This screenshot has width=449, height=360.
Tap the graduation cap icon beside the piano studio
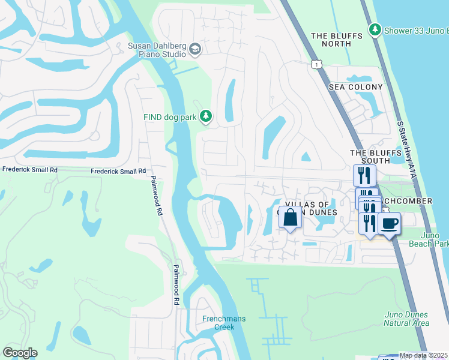click(194, 49)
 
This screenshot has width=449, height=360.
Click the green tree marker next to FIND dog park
click(206, 116)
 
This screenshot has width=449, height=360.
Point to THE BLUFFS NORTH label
click(337, 40)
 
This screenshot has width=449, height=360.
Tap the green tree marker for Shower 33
click(375, 29)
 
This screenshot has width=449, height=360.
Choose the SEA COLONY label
click(355, 87)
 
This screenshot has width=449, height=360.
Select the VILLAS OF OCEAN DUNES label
click(312, 208)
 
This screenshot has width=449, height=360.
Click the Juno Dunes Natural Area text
click(406, 319)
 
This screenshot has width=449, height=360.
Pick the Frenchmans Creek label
click(223, 323)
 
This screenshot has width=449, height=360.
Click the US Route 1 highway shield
click(315, 64)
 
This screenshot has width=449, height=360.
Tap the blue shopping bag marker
click(290, 218)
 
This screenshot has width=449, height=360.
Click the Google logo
click(20, 353)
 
